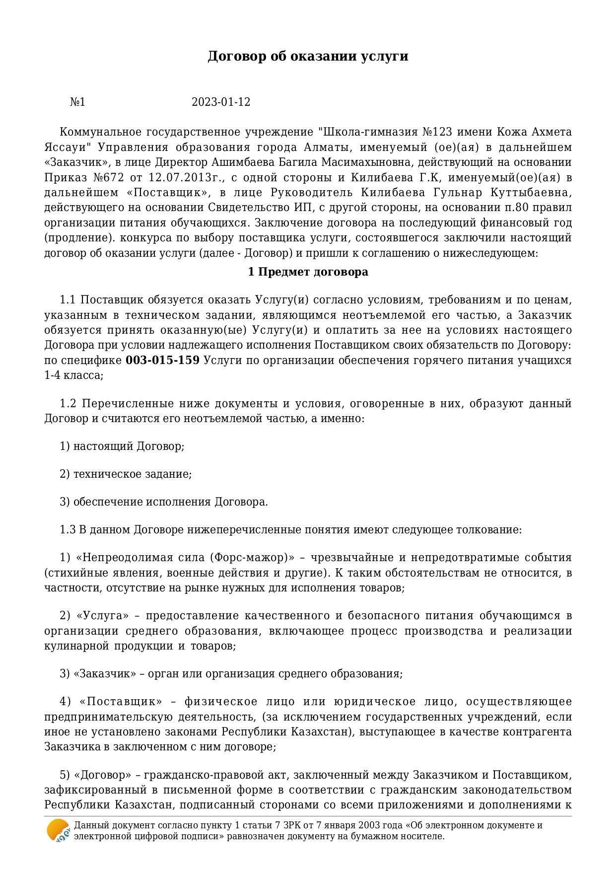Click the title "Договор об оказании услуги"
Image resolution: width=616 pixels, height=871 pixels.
pos(308,56)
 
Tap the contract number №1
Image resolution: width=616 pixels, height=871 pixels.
pos(77,102)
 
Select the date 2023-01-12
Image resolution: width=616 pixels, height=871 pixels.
pos(221,102)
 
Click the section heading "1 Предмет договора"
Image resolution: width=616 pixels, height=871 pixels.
pos(308,272)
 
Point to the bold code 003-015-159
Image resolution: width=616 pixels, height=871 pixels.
pos(162,361)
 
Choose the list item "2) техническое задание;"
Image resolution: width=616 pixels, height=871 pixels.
pos(126,474)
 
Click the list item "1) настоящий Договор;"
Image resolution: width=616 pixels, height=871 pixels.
pos(122,446)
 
